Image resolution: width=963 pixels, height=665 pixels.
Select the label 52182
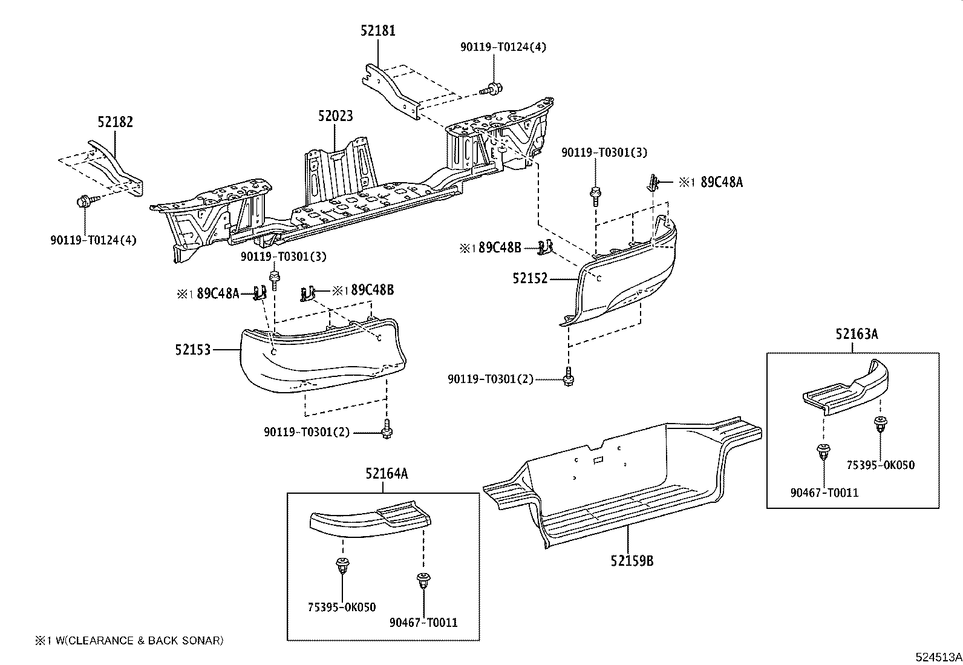[115, 122]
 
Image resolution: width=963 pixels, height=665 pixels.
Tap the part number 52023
[335, 116]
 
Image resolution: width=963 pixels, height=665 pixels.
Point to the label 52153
[192, 350]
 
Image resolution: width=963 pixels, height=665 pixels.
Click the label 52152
[530, 279]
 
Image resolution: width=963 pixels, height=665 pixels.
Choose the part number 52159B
[632, 560]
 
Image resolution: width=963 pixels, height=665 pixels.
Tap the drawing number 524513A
[938, 657]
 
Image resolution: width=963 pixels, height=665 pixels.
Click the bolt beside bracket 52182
[84, 202]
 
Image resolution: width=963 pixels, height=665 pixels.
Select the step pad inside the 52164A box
[370, 519]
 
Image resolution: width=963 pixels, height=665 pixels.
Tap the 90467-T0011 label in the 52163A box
[824, 493]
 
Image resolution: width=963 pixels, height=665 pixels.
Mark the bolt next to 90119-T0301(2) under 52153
[386, 430]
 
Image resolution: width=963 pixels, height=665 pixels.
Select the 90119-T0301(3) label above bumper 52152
[604, 152]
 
